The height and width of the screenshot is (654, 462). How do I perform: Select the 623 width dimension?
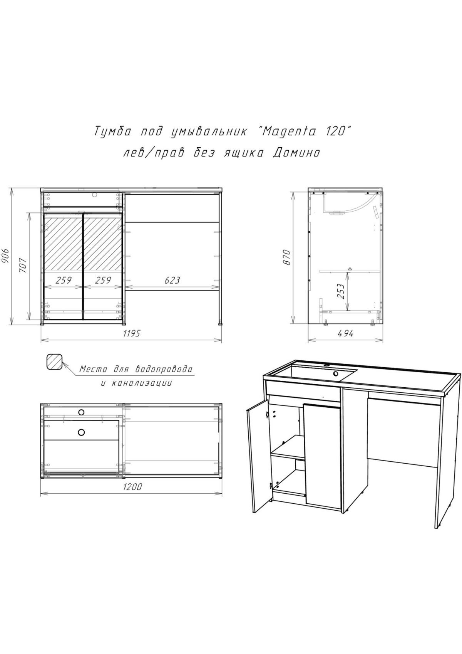[x=172, y=280]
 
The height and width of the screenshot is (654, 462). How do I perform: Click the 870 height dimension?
[x=287, y=257]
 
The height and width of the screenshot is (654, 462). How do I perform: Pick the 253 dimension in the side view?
[x=341, y=291]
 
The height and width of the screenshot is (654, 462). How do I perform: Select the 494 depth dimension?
[x=345, y=333]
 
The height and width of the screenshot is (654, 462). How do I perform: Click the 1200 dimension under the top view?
[x=131, y=487]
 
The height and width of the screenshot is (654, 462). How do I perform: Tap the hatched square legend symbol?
[x=54, y=362]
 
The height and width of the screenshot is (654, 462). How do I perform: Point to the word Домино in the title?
[x=296, y=153]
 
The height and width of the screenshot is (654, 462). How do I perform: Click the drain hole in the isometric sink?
[x=336, y=373]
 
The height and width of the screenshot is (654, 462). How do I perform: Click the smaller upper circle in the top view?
[x=81, y=412]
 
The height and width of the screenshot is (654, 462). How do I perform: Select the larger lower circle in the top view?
[x=81, y=432]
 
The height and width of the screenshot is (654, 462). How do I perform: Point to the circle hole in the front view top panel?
[x=94, y=194]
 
